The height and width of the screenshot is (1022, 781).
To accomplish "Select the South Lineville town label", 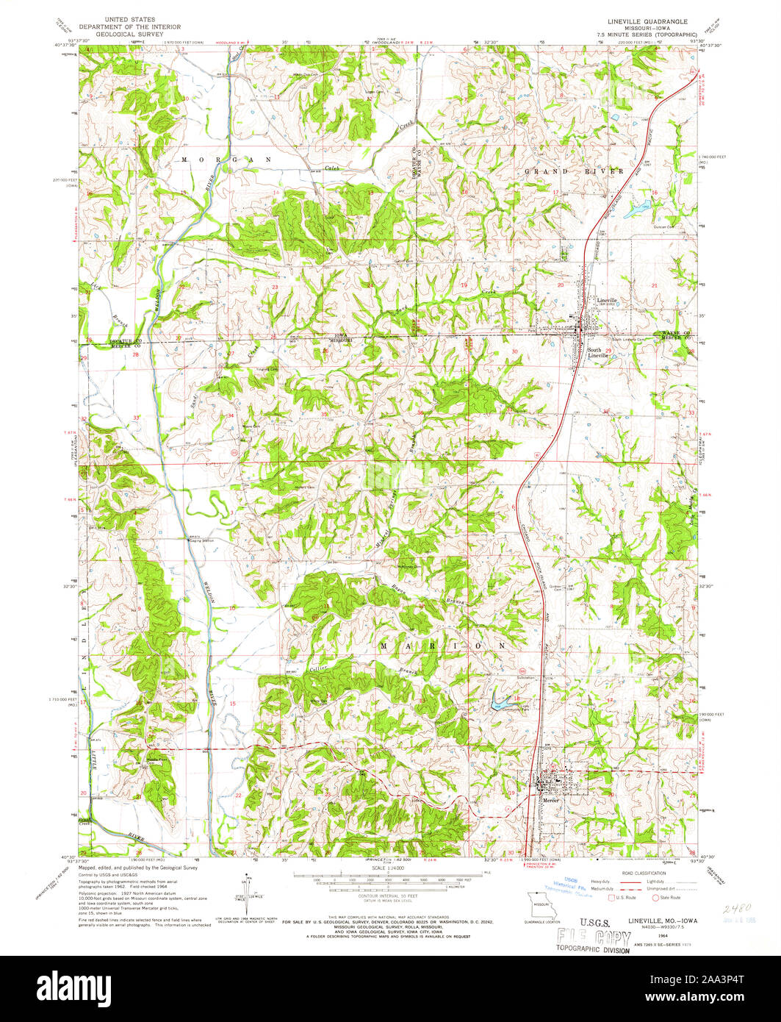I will pos(597,352).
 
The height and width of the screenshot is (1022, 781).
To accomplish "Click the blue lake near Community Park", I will pos(500,704).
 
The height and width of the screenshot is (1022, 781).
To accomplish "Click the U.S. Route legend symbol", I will pos(611,897).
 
